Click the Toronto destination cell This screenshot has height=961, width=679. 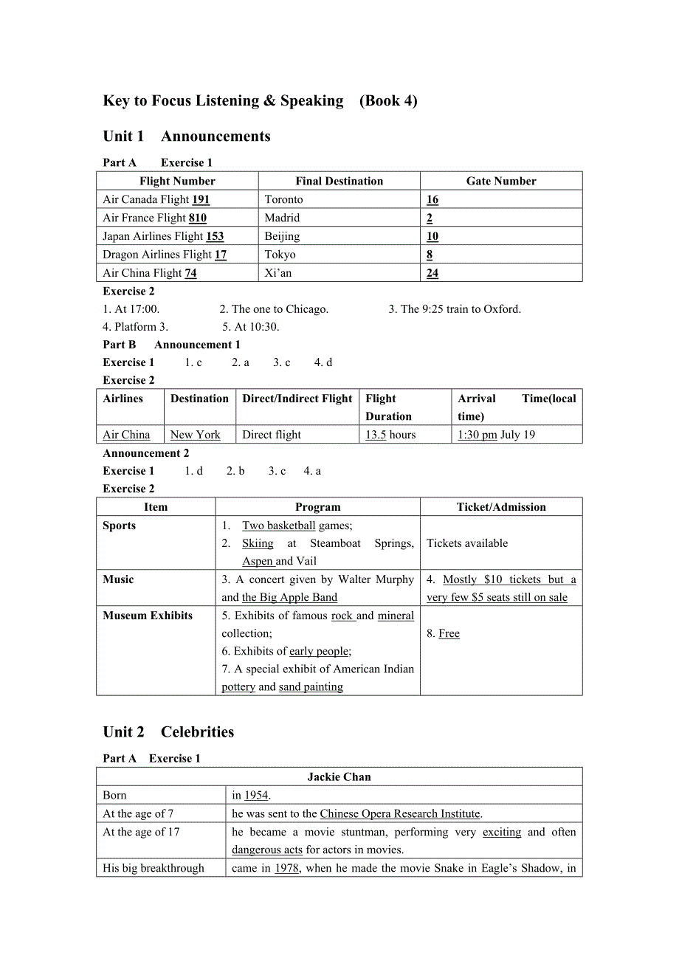click(x=284, y=199)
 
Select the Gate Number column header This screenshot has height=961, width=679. click(x=501, y=181)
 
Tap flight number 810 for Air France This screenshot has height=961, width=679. click(x=197, y=218)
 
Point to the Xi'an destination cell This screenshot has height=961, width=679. click(x=278, y=273)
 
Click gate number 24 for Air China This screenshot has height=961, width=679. click(x=432, y=273)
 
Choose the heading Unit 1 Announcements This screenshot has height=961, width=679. click(x=187, y=136)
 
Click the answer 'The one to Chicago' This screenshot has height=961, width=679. click(x=274, y=309)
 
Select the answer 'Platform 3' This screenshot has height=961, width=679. click(x=130, y=327)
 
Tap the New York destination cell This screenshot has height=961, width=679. click(x=196, y=435)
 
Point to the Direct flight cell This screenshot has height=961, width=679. click(x=272, y=435)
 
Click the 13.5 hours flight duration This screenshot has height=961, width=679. click(x=390, y=435)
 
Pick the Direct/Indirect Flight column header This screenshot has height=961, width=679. click(x=297, y=399)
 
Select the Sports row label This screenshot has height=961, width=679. click(x=120, y=526)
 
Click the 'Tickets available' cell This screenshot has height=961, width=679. click(x=467, y=543)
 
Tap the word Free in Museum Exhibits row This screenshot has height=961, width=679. click(x=449, y=633)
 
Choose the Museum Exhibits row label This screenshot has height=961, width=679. click(x=148, y=616)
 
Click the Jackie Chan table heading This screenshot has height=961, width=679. click(x=339, y=776)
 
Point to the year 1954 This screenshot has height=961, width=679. click(x=256, y=795)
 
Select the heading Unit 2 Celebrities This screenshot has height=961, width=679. click(x=168, y=731)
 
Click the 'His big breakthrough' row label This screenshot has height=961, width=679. click(x=154, y=868)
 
